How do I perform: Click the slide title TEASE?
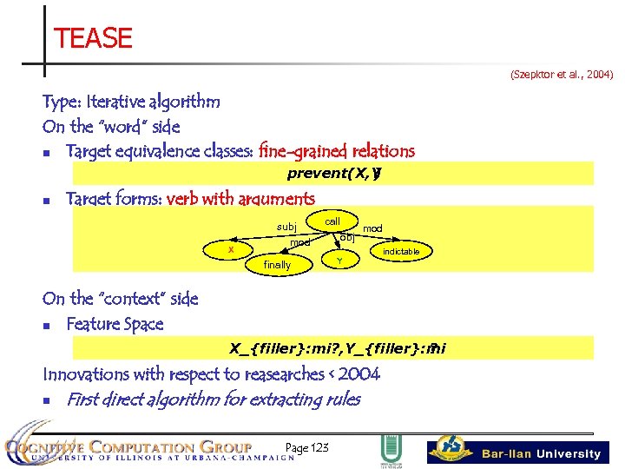93,38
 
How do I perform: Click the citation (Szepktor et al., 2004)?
561,76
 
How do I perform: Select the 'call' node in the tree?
332,221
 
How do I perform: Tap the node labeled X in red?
230,250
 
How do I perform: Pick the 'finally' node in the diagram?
277,265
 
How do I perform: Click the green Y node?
339,261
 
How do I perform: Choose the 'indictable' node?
401,252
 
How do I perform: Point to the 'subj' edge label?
286,228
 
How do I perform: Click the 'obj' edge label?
346,236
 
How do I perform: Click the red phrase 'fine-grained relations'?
336,152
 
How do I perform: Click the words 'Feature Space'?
115,324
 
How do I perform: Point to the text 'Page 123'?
306,448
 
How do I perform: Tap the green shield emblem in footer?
390,450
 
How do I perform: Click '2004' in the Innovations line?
359,374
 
